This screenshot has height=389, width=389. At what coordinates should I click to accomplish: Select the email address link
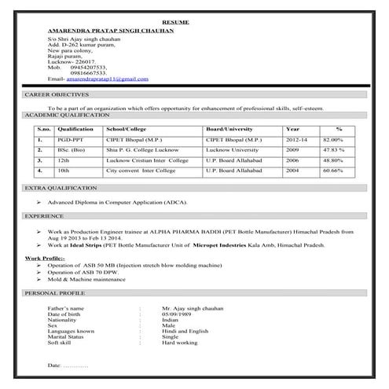[107, 79]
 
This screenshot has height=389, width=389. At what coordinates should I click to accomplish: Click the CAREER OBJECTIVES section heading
[57, 94]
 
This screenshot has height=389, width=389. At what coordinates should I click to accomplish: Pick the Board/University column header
[229, 128]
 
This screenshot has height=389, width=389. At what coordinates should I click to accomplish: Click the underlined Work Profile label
[45, 258]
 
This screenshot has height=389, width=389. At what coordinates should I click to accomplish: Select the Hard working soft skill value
[180, 343]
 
